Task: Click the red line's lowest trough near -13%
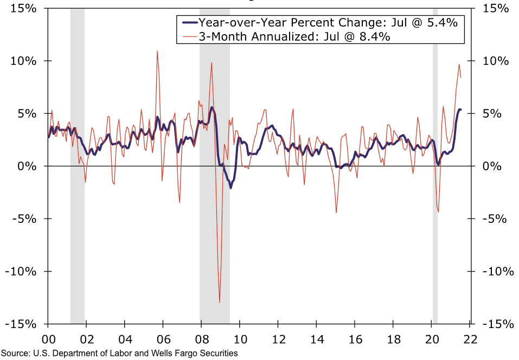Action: click(x=220, y=303)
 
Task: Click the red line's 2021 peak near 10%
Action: click(x=459, y=65)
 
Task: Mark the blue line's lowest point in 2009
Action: click(x=230, y=188)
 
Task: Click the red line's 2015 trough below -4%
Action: click(x=336, y=213)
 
